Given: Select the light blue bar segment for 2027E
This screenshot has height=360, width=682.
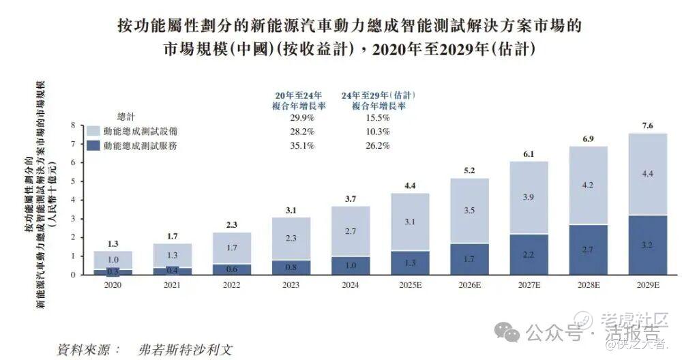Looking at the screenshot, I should point(529,197).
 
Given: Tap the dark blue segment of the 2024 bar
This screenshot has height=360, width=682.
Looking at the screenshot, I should point(350,265).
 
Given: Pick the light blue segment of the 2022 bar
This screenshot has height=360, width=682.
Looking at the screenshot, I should point(231,248).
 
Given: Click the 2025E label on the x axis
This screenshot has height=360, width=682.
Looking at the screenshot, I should point(410,284).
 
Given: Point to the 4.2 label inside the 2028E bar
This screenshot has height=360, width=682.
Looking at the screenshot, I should point(588,184).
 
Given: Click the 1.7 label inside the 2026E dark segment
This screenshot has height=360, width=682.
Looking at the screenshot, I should point(469,259).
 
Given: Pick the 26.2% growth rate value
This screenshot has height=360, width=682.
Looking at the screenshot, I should point(379,145).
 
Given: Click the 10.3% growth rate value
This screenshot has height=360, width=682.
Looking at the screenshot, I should point(379,131).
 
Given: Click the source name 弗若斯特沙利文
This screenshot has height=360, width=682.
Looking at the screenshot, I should point(185,348).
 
